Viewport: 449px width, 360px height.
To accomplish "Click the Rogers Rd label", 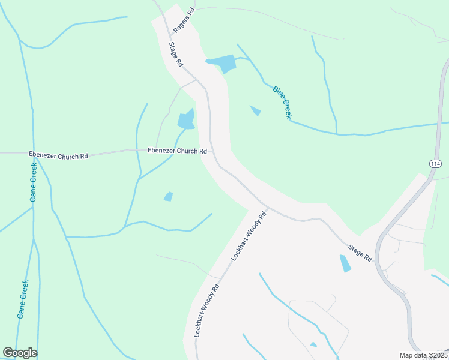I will click(x=184, y=20).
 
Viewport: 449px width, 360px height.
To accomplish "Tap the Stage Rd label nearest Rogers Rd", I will click(x=175, y=53).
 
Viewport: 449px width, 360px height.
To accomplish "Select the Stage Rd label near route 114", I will click(x=360, y=252).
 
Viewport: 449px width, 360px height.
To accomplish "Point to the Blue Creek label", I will click(x=282, y=102).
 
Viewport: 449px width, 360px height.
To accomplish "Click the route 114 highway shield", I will click(x=436, y=164).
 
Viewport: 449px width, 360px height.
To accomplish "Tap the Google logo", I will click(x=20, y=353).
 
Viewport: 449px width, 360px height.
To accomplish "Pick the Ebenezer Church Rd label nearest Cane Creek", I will click(x=58, y=155).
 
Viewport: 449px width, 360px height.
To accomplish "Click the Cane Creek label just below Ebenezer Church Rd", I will click(x=34, y=183).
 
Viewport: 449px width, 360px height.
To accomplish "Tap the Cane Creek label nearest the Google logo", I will click(x=23, y=299).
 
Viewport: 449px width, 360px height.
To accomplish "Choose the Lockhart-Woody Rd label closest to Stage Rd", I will click(x=249, y=236).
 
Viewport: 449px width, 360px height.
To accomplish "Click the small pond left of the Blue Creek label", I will click(x=256, y=110).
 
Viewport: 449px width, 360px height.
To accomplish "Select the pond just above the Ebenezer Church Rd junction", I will click(x=186, y=120).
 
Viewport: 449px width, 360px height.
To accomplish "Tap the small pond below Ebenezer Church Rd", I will click(x=168, y=196).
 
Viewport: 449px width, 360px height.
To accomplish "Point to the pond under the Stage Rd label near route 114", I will click(x=345, y=263).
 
